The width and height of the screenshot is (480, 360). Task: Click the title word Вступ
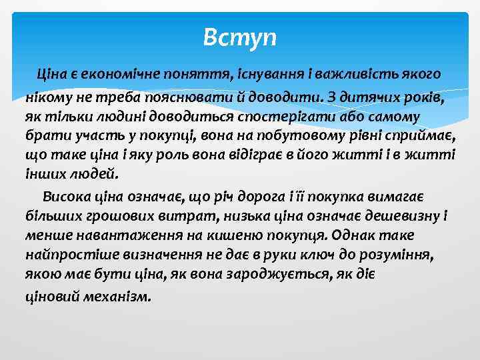coord(239,36)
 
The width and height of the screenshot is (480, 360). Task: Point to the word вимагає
coord(401,197)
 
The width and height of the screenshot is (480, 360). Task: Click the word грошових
coord(111,217)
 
